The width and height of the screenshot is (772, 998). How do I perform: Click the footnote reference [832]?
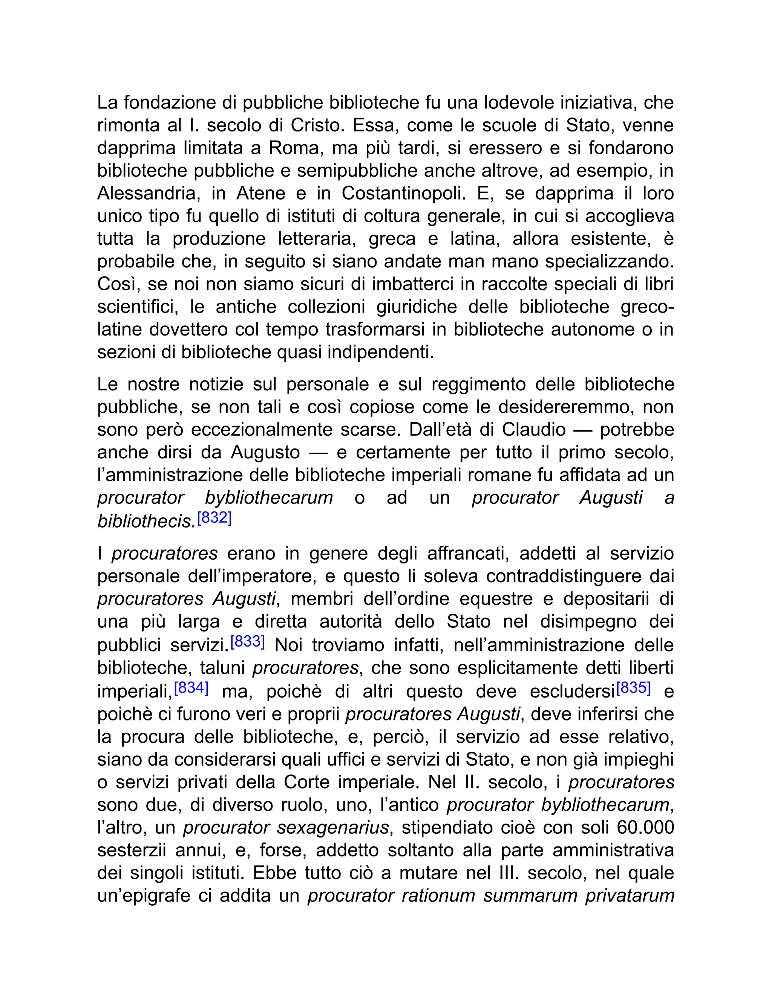(x=214, y=518)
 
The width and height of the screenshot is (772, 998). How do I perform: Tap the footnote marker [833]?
(x=247, y=642)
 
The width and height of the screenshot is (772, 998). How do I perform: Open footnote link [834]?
(x=191, y=688)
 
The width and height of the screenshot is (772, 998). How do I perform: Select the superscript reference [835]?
(x=633, y=688)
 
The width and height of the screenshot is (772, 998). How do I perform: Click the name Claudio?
(x=534, y=430)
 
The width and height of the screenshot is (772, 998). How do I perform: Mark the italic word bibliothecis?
(x=146, y=521)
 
